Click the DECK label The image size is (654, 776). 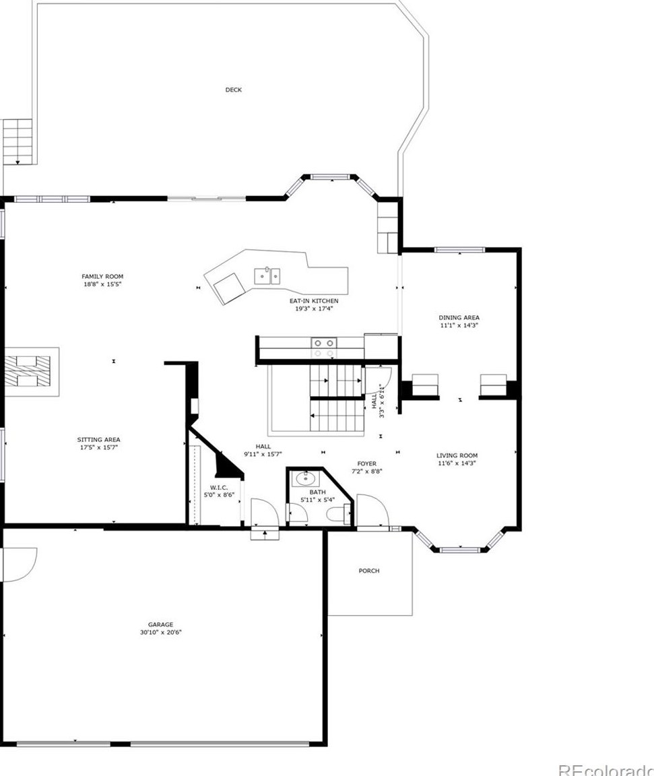click(234, 90)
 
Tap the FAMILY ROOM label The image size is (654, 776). click(102, 277)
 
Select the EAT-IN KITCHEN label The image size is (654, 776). click(314, 301)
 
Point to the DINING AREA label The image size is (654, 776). click(459, 318)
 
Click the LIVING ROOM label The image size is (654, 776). click(457, 456)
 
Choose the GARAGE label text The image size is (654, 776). click(161, 624)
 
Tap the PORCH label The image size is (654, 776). click(369, 571)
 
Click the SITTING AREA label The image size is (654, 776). click(98, 439)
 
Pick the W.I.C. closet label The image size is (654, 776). click(219, 488)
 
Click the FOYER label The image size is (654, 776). click(367, 463)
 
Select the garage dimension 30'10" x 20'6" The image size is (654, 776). click(161, 632)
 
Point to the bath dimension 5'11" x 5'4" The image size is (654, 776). click(318, 500)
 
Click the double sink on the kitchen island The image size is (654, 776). click(267, 276)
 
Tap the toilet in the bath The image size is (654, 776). click(338, 515)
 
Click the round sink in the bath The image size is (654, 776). click(306, 478)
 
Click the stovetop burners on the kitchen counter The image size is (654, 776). click(323, 348)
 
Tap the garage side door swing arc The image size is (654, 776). click(20, 564)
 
